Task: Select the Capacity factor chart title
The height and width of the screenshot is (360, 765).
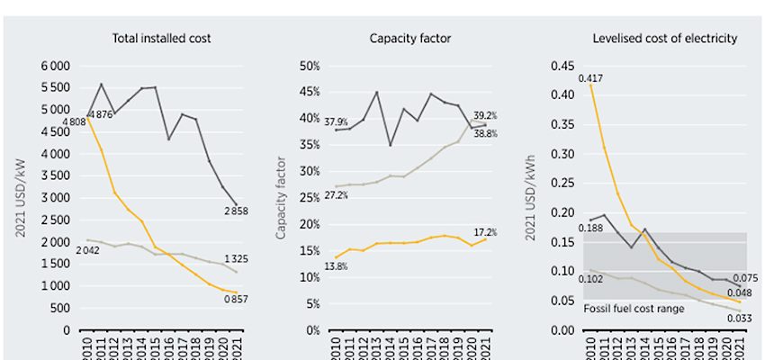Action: point(410,38)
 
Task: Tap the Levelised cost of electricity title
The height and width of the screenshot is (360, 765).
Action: point(665,38)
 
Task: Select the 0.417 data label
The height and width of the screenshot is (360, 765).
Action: point(592,77)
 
